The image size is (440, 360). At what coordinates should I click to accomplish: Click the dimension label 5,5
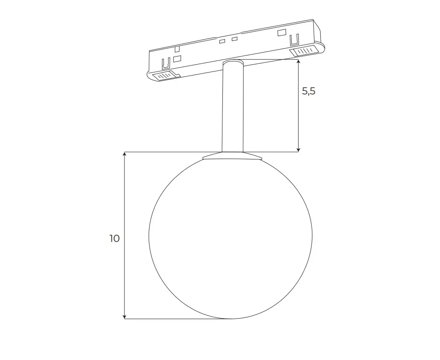point(309,91)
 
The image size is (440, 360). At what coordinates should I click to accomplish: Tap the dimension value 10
point(114,238)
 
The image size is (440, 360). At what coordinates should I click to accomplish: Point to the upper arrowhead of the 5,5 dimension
point(299,62)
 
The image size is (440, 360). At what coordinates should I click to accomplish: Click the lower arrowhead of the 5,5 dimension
point(299,149)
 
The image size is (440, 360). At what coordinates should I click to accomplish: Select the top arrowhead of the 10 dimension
point(125,155)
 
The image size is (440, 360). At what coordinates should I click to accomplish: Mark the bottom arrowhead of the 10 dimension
point(125,316)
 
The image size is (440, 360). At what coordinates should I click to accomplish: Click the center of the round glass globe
point(231,238)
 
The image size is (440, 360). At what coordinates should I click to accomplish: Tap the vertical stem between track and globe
point(233,107)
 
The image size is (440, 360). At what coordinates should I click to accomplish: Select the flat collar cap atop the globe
point(233,156)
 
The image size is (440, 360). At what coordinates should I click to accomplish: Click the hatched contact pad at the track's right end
point(305,51)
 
